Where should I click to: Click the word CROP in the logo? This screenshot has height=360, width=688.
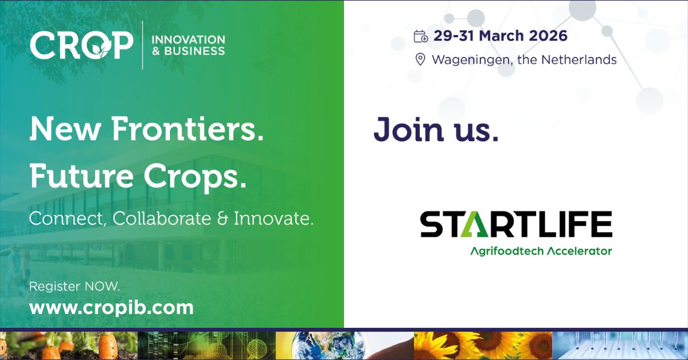coord(81,45)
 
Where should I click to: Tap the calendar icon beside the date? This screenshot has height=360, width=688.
coord(421,36)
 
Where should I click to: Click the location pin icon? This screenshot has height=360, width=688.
coord(420,59)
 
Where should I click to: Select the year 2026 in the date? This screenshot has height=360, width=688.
coord(548,36)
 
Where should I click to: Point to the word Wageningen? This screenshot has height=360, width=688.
coord(472,60)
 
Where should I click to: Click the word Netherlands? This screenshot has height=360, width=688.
coord(578,59)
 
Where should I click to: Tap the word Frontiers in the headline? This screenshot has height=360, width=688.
coord(187,129)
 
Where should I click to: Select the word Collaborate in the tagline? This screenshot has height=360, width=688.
coord(162,218)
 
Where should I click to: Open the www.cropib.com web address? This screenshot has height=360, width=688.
coord(111,308)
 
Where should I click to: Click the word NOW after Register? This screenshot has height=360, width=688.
coord(102,286)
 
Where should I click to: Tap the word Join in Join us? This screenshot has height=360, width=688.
coord(409,130)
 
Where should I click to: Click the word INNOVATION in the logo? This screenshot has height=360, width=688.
coord(189,40)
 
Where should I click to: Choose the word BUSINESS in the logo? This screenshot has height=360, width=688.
coord(195,51)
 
